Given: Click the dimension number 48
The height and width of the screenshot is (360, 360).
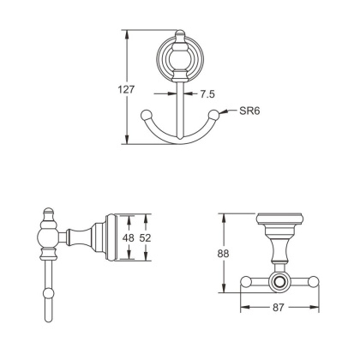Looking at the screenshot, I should [127, 237].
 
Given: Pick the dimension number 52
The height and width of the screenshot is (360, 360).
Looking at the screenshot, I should [146, 237].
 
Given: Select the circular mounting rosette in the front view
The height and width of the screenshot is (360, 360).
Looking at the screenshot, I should [179, 57].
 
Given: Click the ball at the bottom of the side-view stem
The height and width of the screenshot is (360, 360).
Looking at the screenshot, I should [49, 296].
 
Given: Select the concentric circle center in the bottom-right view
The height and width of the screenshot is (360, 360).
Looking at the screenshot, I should [279, 281].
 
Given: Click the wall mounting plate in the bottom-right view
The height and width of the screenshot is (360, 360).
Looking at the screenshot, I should [279, 218].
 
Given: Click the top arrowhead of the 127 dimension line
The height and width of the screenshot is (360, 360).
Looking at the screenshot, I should [129, 34].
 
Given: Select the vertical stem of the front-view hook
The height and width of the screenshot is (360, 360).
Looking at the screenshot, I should [179, 107].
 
